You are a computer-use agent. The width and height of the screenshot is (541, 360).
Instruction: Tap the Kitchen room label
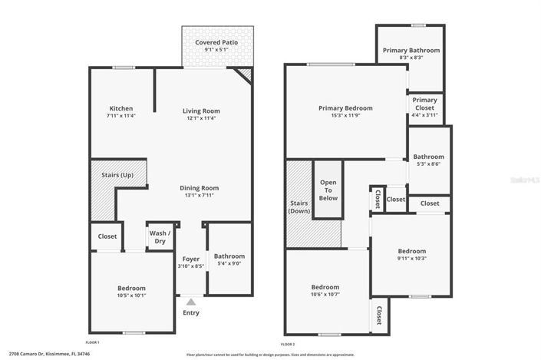coord(121,109)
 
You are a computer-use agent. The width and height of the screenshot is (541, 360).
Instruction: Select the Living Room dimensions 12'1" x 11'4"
coord(201,118)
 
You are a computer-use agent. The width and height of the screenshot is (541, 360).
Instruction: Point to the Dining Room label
coord(200,188)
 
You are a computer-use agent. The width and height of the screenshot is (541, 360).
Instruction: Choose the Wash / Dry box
coord(158,236)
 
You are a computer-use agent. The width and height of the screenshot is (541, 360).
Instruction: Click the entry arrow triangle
coord(190,302)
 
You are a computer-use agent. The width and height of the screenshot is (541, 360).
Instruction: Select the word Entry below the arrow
coord(190,312)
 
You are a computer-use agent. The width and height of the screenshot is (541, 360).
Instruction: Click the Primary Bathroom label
coord(411,51)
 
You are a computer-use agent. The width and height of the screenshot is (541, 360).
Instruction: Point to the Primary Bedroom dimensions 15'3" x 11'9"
coord(345,116)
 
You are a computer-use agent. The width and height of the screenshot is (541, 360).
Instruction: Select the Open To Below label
coord(328,188)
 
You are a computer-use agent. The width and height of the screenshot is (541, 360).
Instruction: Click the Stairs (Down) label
coord(299,207)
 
